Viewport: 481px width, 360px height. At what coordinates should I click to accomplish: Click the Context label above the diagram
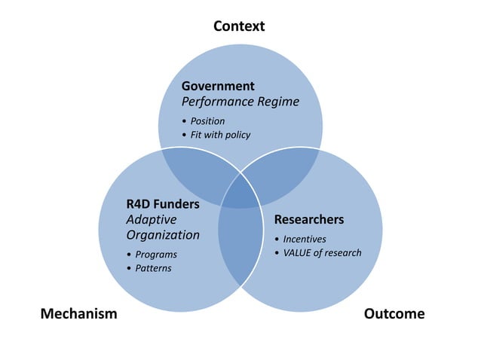click(x=239, y=26)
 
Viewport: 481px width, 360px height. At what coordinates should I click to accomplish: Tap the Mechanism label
click(x=78, y=313)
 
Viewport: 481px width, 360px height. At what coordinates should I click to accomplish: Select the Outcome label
click(x=394, y=313)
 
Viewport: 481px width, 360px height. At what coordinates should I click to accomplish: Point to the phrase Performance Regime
click(x=240, y=102)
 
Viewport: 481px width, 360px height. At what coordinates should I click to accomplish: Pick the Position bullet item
click(x=207, y=121)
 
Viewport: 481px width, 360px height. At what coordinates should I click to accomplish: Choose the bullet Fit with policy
click(x=220, y=135)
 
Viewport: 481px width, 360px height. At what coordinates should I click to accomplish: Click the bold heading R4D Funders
click(x=163, y=203)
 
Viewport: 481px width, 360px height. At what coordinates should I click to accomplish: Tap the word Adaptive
click(x=152, y=219)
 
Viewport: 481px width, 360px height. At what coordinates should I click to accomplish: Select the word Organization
click(x=163, y=235)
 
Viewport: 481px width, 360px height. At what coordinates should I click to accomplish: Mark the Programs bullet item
click(x=156, y=255)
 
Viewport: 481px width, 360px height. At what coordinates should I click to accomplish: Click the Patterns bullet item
click(x=154, y=268)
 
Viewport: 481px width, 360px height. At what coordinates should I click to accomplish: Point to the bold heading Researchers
click(x=309, y=220)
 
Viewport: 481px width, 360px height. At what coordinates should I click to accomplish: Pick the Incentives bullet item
click(x=305, y=239)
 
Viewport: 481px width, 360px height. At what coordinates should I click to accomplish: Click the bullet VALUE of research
click(x=322, y=252)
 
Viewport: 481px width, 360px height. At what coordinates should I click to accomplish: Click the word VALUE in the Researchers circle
click(x=299, y=252)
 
